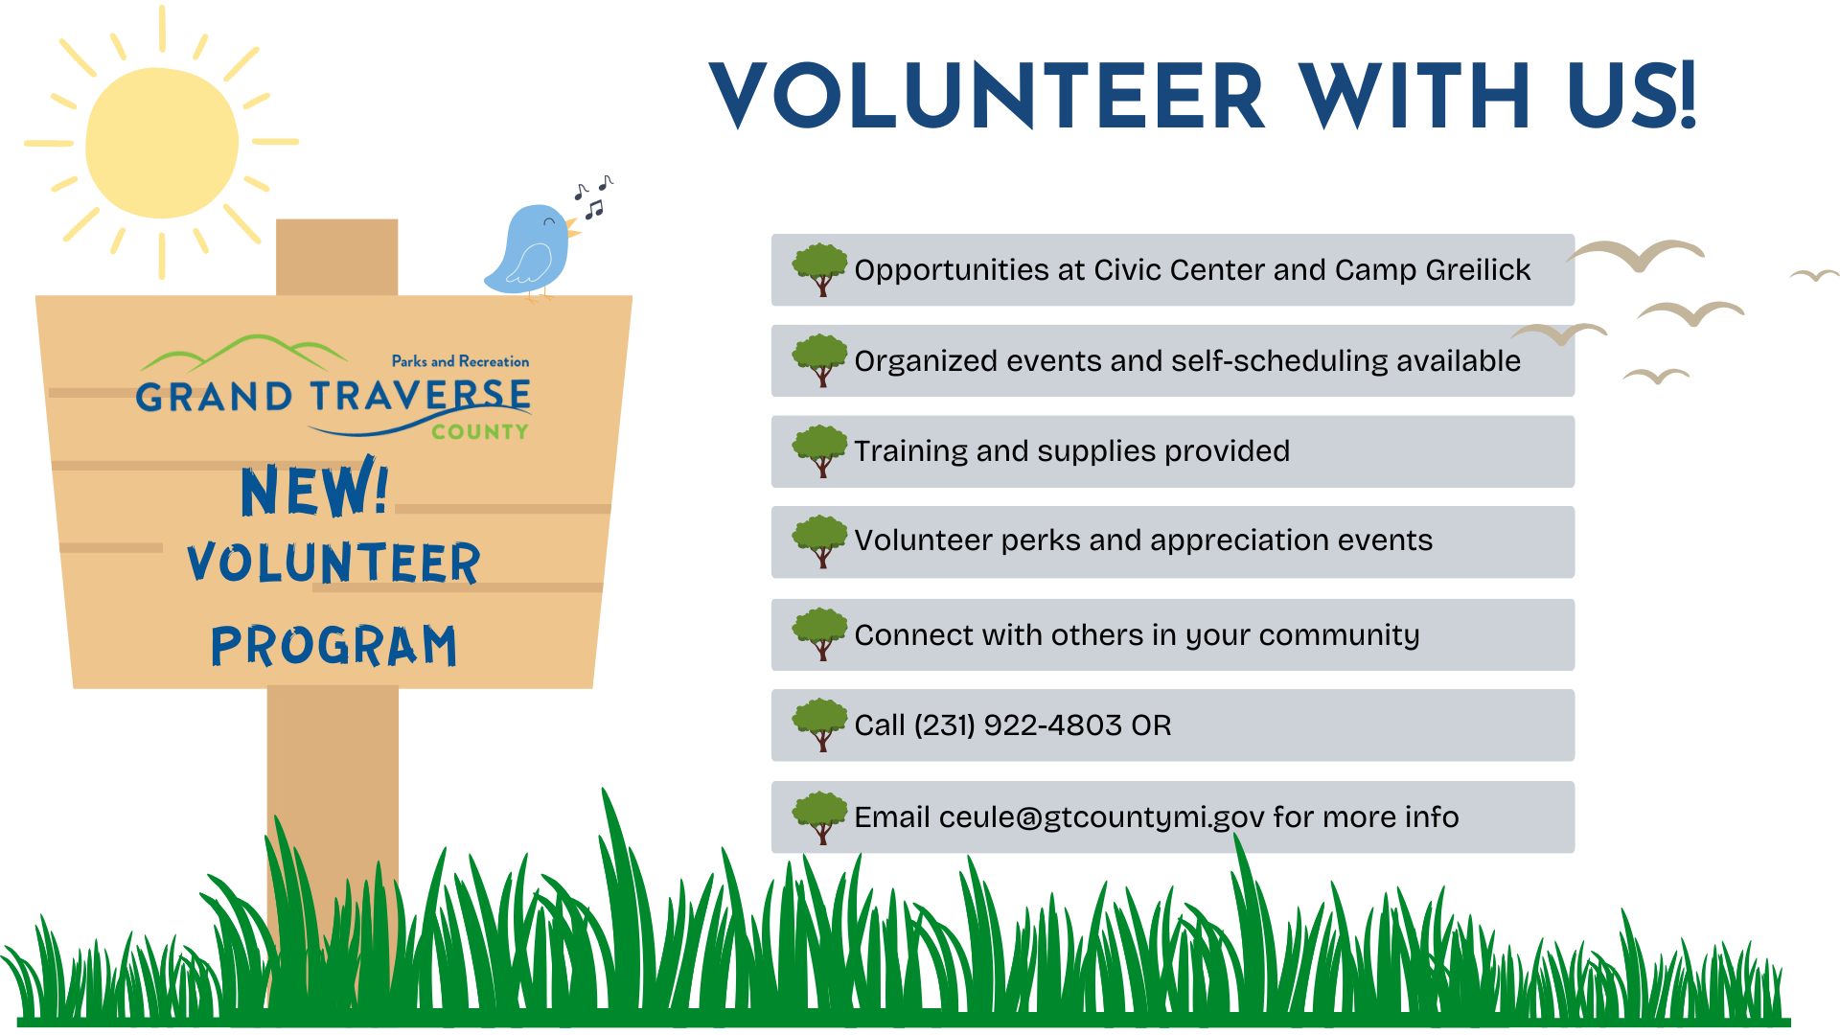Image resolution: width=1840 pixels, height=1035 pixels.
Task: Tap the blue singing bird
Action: pos(532,251)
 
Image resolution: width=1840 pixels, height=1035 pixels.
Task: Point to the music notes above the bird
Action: pos(593,195)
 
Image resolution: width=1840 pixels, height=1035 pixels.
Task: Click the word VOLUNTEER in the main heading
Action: pos(987,96)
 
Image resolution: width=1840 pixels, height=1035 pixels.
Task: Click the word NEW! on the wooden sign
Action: pos(314,490)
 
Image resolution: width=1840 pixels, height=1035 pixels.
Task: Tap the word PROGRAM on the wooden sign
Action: pos(333,645)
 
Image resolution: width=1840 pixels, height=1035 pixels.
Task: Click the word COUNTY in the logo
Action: pos(480,432)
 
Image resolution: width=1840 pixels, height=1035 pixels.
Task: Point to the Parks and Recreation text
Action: pos(460,361)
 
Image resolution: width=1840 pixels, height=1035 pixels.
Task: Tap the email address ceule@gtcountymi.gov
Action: pos(1102,817)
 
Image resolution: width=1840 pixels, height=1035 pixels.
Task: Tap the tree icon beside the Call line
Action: pos(820,724)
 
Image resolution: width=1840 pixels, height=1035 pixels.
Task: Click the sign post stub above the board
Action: pos(336,257)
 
